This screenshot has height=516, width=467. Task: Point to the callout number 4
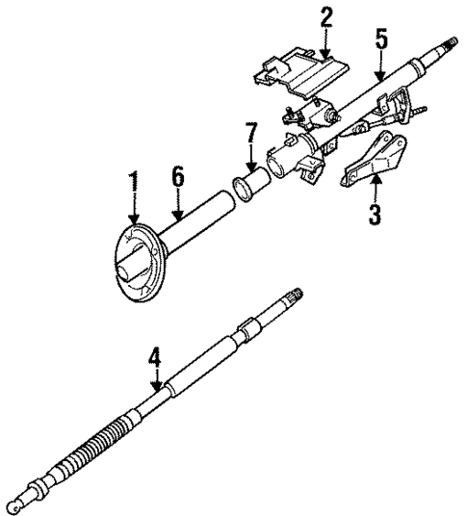pyautogui.click(x=153, y=358)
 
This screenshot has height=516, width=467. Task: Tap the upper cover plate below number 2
pyautogui.click(x=300, y=76)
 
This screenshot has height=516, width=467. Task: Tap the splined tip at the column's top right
pyautogui.click(x=448, y=44)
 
